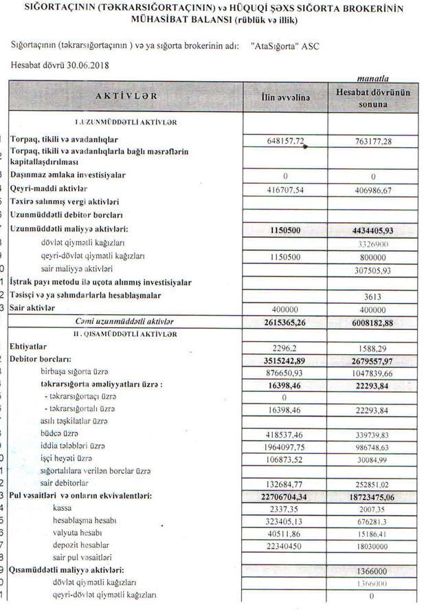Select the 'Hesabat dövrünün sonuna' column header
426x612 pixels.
(x=372, y=98)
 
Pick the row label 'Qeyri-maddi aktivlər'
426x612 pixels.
(x=49, y=188)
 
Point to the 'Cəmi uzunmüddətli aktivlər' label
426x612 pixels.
(x=124, y=322)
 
